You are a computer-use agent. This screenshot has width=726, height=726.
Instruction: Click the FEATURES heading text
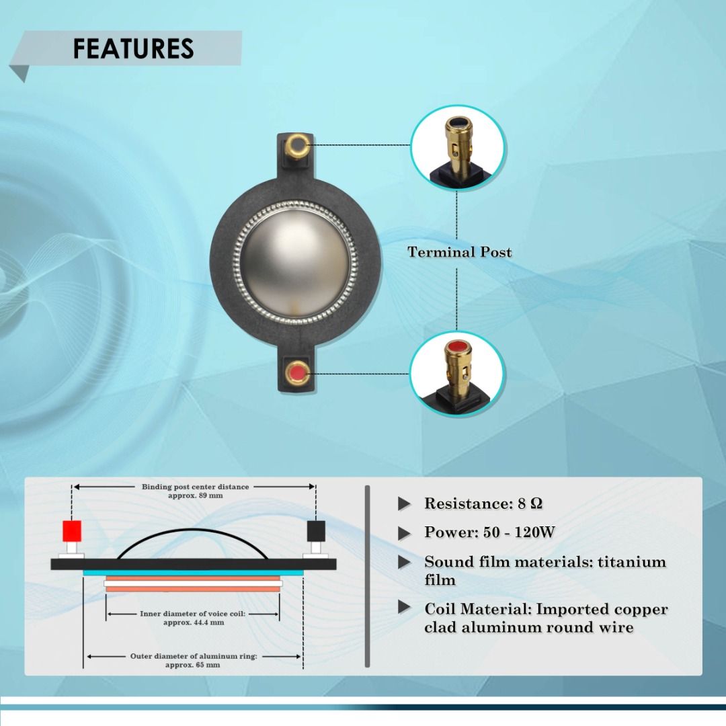coord(133,48)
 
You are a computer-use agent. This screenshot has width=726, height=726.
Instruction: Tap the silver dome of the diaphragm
coord(296,261)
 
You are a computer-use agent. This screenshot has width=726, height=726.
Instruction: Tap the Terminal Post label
coord(459,252)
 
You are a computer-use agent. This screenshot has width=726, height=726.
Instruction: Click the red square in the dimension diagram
coord(72,531)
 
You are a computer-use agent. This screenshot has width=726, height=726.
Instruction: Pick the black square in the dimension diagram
coord(316,531)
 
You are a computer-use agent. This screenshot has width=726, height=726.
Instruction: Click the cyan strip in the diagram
coord(193,573)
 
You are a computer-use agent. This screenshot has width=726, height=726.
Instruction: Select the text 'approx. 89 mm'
coord(195,495)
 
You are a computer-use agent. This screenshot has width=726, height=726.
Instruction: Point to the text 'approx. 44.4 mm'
coord(194,622)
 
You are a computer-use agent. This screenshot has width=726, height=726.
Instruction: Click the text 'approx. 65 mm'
coord(193,665)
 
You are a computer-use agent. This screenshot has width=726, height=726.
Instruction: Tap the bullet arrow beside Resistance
coord(404,503)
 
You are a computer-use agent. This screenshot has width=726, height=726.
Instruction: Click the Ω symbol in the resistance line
coord(536,503)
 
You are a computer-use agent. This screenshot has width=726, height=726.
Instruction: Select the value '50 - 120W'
coord(518,532)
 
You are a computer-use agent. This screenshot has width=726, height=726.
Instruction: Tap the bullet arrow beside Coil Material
coord(404,607)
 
